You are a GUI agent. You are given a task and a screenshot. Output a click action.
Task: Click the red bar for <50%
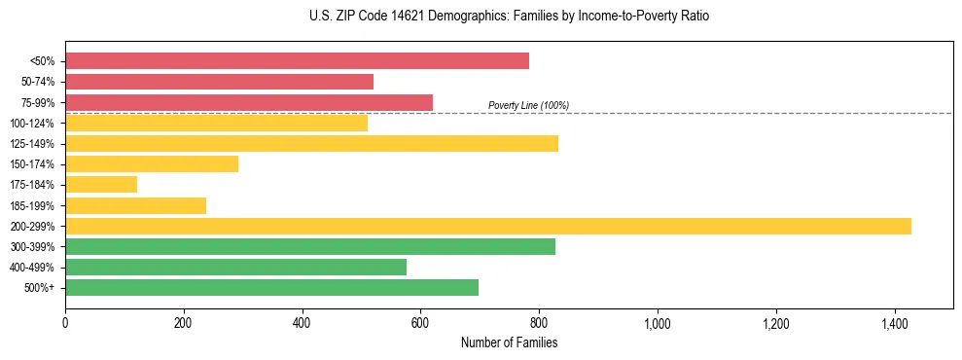[x=297, y=61]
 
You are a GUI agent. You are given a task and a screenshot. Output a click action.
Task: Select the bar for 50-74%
[x=219, y=82]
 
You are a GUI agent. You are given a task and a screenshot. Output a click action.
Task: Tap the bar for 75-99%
[x=249, y=102]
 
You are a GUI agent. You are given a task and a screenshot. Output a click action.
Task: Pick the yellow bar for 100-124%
[x=216, y=123]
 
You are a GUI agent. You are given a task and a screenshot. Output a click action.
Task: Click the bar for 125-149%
[x=311, y=143]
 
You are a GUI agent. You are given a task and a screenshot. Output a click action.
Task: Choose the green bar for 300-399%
[x=310, y=246]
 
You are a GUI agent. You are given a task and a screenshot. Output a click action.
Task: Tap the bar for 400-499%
[x=235, y=267]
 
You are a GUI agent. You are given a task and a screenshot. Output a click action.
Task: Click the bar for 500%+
[x=271, y=287]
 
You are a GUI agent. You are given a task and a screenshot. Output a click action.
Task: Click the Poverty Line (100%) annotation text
[x=528, y=105]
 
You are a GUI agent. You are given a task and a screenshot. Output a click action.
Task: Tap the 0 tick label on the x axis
[x=65, y=322]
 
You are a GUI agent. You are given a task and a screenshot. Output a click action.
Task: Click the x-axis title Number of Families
[x=509, y=342]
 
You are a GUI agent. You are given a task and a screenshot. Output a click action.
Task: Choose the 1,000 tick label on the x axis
[x=658, y=322]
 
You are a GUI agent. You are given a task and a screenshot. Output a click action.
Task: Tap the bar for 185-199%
[x=135, y=205]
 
